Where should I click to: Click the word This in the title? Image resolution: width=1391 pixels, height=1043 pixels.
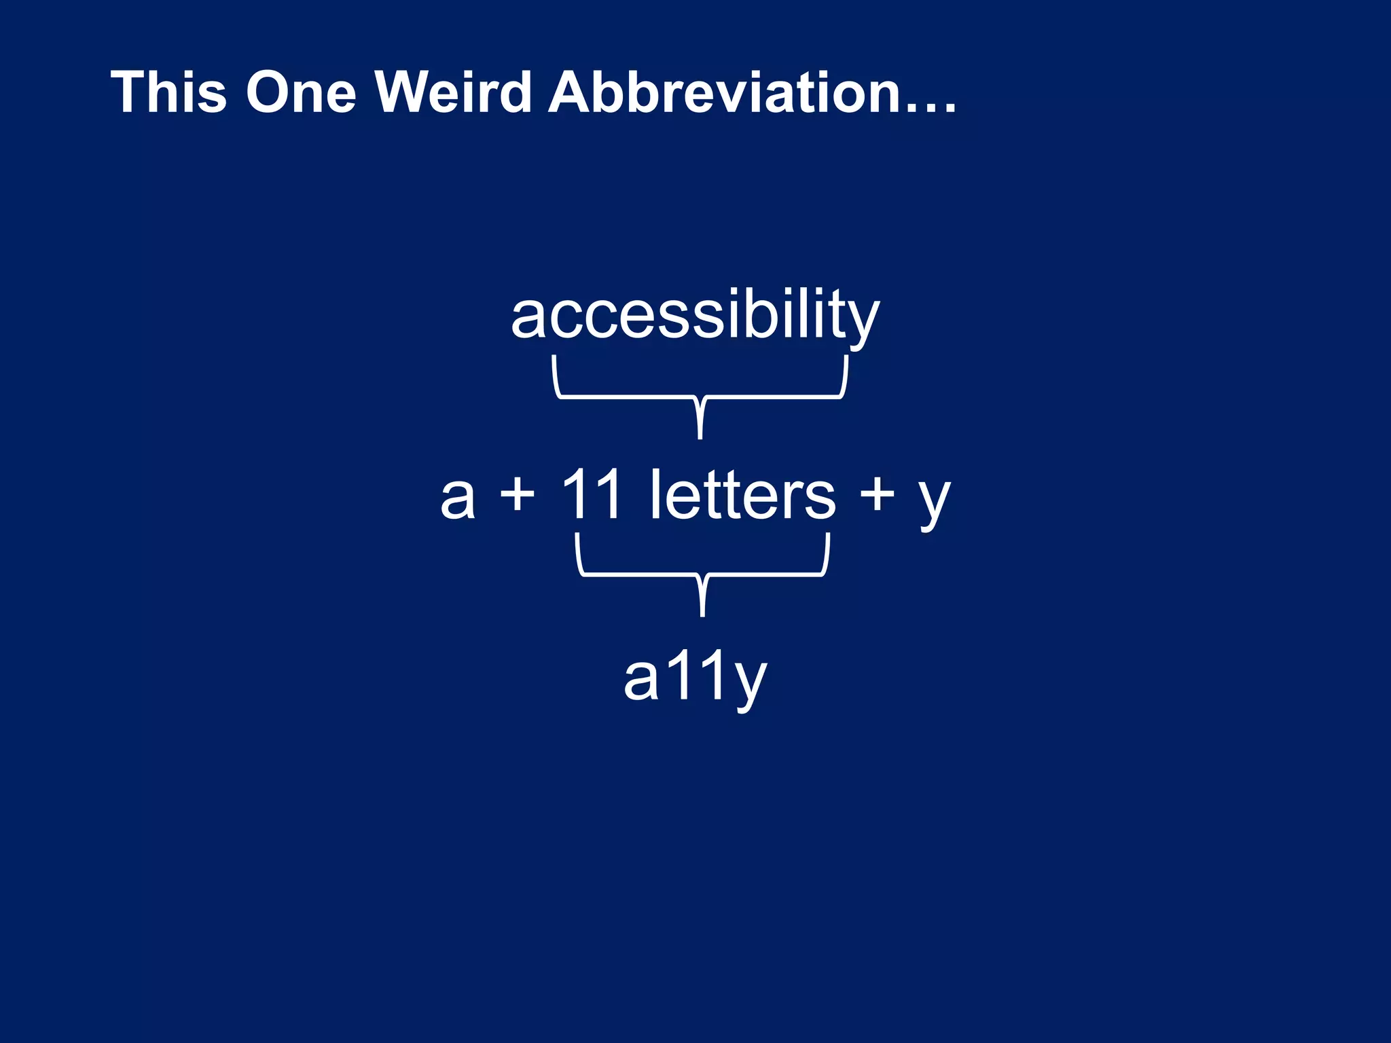(168, 92)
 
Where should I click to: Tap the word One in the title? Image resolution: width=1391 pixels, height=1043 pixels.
(301, 92)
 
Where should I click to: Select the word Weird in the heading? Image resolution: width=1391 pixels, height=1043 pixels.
(453, 92)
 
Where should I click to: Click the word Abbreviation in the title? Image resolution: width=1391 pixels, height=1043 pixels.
(721, 92)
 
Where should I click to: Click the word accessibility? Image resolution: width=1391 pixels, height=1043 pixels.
(695, 316)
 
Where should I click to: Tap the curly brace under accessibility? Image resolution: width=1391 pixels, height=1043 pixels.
(700, 397)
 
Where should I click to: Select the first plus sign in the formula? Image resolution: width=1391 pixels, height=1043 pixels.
(518, 494)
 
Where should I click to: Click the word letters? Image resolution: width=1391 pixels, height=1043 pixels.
(742, 494)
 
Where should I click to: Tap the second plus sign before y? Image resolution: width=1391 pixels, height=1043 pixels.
(877, 494)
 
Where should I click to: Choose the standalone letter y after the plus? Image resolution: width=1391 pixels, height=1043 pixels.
(934, 502)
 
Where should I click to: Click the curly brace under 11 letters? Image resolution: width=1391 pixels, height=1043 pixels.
(703, 574)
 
